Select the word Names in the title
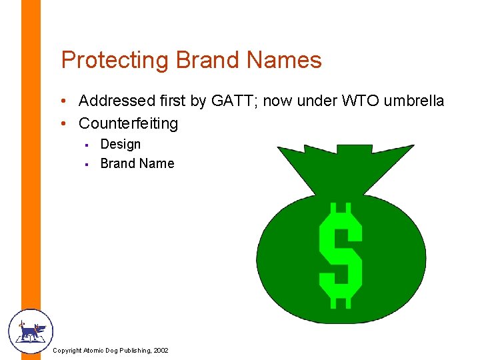[285, 61]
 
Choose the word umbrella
[415, 101]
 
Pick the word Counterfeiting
[129, 123]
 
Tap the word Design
[121, 145]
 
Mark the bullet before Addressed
[61, 101]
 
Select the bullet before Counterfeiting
[61, 124]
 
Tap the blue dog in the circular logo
[31, 330]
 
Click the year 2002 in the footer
[160, 351]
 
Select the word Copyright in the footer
[67, 351]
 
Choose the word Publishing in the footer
[132, 351]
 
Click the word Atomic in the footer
[93, 351]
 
